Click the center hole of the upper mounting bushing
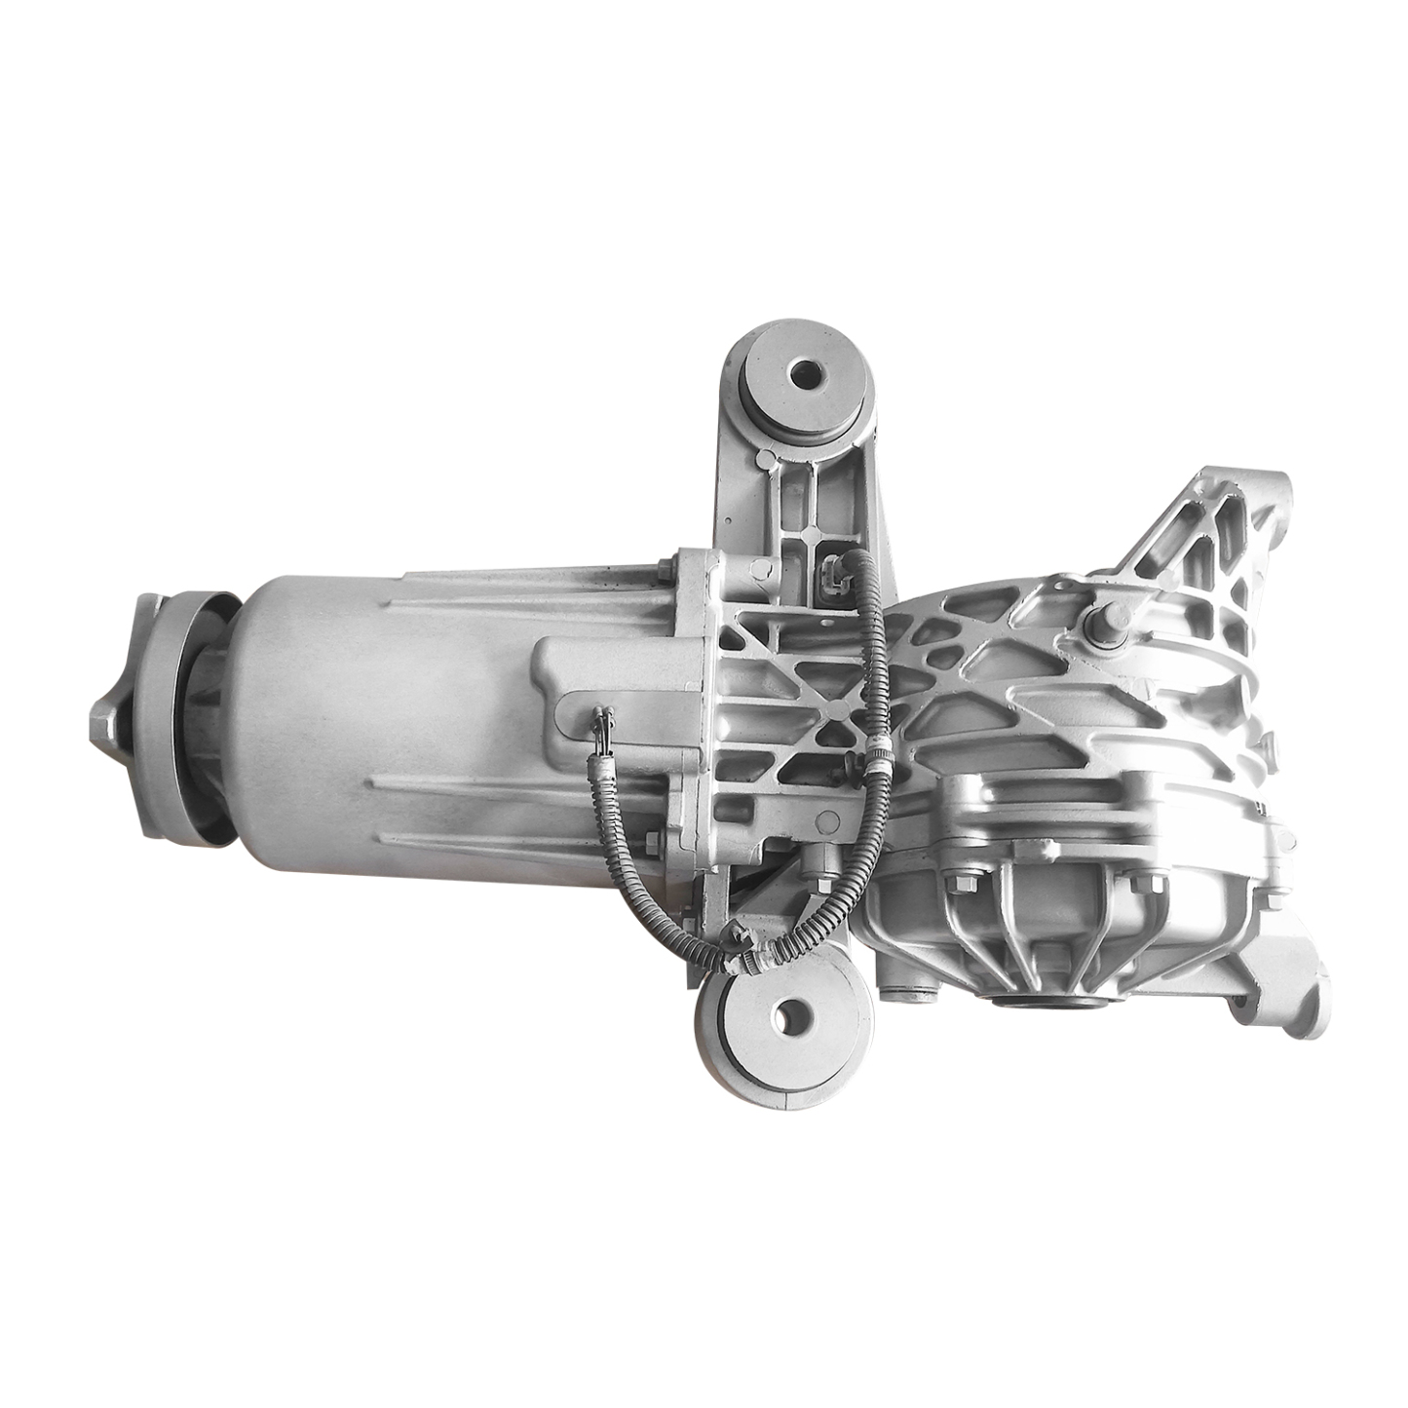[x=805, y=373]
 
